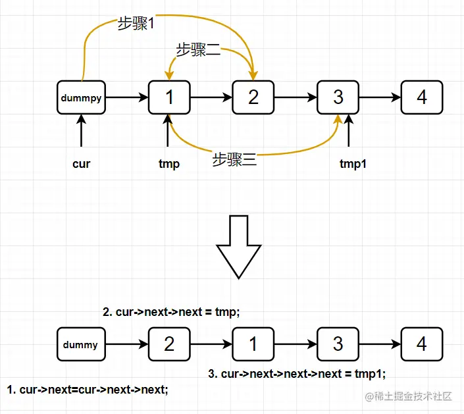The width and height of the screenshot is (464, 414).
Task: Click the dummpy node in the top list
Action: click(x=81, y=97)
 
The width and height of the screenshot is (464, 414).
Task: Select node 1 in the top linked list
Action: click(x=169, y=97)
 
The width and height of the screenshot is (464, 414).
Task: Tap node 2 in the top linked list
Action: click(x=253, y=97)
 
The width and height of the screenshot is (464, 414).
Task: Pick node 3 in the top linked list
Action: click(x=338, y=97)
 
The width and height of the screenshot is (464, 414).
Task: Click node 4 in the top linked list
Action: click(x=422, y=97)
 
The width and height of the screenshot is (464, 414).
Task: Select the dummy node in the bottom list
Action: click(x=81, y=344)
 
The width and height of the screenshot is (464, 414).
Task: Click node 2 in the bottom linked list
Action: click(x=169, y=344)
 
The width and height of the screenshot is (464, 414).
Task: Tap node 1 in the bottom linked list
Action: click(x=253, y=344)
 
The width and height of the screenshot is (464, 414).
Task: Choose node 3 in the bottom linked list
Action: click(x=338, y=344)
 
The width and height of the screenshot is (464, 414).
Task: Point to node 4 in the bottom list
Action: click(x=422, y=344)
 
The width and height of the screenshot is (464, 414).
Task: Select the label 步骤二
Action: click(x=197, y=49)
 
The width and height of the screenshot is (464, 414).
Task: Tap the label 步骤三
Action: click(x=234, y=159)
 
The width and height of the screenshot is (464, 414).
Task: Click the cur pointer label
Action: click(x=81, y=164)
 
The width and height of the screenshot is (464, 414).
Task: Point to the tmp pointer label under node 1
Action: click(x=169, y=164)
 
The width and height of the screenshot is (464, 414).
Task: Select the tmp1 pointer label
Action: click(x=353, y=164)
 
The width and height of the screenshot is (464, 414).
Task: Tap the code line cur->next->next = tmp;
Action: click(x=171, y=312)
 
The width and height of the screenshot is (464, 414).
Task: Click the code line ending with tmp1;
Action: click(x=296, y=373)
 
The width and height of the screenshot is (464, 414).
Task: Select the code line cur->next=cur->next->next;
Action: click(x=88, y=389)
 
